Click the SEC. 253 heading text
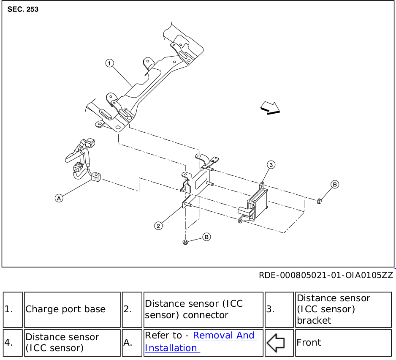(x=23, y=9)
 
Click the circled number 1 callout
(x=110, y=63)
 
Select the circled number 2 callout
(x=158, y=226)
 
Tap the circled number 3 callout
(x=271, y=164)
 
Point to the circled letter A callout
(x=59, y=197)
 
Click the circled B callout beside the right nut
(x=334, y=184)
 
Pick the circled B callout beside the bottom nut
(x=206, y=237)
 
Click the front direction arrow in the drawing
(x=270, y=108)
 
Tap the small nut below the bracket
(x=185, y=242)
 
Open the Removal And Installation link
(x=201, y=341)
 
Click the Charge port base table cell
(x=72, y=309)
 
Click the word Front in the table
(x=309, y=342)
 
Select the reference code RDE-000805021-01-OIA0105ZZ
(x=326, y=275)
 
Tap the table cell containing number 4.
(x=12, y=342)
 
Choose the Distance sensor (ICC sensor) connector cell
(x=203, y=309)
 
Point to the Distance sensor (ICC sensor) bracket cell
(x=343, y=309)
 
